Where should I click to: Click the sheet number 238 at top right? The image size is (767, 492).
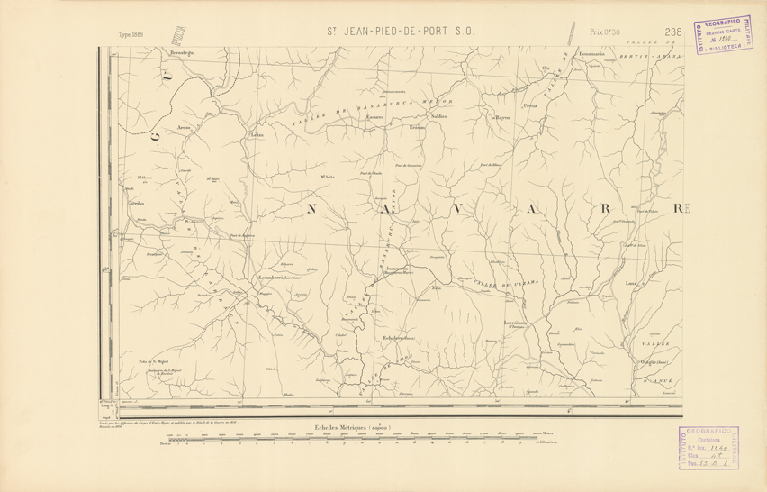click(672, 32)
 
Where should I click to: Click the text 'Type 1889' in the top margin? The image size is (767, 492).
click(131, 35)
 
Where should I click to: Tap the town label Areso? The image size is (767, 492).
click(185, 128)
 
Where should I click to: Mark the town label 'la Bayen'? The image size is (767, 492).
click(501, 117)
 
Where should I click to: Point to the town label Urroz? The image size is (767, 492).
click(529, 106)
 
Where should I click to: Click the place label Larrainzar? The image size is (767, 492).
click(516, 323)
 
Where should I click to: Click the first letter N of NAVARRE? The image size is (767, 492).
click(313, 210)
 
